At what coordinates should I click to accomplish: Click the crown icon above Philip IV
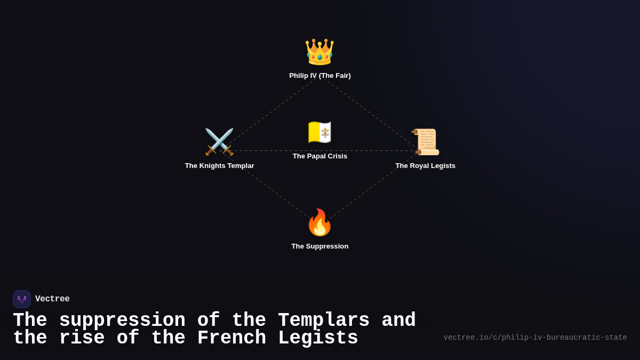point(319,52)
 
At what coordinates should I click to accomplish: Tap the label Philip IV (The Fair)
point(320,76)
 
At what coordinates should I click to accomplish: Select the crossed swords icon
point(219,142)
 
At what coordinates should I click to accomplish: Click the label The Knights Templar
point(219,166)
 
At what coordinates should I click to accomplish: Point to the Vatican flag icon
point(319,132)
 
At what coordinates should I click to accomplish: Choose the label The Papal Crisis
point(320,156)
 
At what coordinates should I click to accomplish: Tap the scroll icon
point(426,142)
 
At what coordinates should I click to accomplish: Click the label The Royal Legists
point(425,166)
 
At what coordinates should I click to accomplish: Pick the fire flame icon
point(319,222)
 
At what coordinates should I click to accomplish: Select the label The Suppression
point(320,246)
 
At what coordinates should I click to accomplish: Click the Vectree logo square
point(22,299)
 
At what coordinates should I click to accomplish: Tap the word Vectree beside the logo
point(52,299)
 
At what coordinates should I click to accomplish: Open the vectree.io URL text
point(535,338)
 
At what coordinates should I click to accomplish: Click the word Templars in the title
point(323,321)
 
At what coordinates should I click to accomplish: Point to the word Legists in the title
point(318,338)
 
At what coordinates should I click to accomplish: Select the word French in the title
point(231,338)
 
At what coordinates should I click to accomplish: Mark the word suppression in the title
point(122,321)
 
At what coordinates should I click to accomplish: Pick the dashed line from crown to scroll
point(371,114)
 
